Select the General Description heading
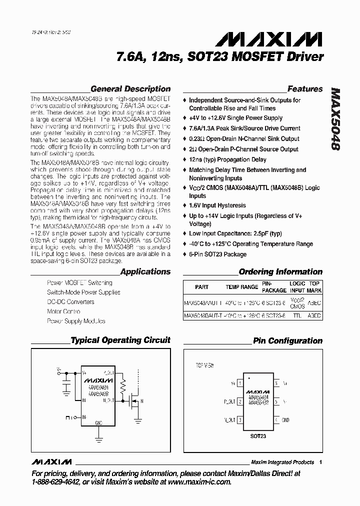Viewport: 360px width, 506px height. pyautogui.click(x=130, y=89)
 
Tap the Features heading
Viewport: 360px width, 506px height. pyautogui.click(x=305, y=89)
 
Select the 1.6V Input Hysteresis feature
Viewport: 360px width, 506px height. pyautogui.click(x=217, y=205)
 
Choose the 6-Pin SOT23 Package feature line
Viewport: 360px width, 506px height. pyautogui.click(x=217, y=254)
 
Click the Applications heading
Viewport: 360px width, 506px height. pyautogui.click(x=145, y=272)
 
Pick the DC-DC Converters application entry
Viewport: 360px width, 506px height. pyautogui.click(x=70, y=302)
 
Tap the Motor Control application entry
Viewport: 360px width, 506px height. pyautogui.click(x=63, y=311)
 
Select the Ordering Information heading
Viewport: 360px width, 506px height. pyautogui.click(x=280, y=272)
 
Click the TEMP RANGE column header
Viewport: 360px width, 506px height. pyautogui.click(x=242, y=287)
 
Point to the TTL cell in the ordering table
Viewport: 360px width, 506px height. pyautogui.click(x=297, y=316)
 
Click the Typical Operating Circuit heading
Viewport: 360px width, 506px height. pyautogui.click(x=120, y=340)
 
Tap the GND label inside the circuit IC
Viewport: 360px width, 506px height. pyautogui.click(x=98, y=422)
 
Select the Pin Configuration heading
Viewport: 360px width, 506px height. pyautogui.click(x=287, y=341)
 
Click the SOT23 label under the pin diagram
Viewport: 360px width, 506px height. pyautogui.click(x=258, y=436)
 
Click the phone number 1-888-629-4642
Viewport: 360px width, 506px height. pyautogui.click(x=61, y=482)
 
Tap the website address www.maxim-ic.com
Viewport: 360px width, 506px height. pyautogui.click(x=196, y=482)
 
